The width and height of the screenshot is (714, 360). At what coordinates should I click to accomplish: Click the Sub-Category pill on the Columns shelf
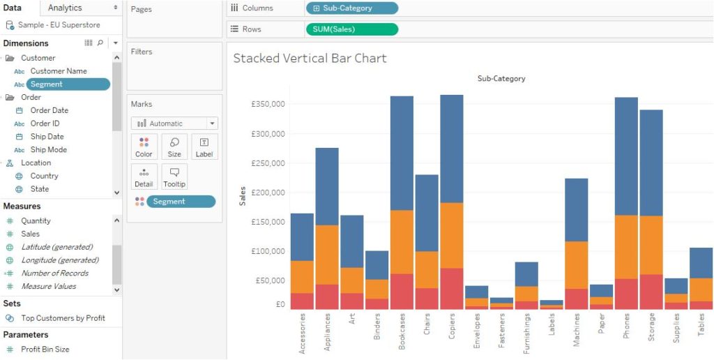pos(351,8)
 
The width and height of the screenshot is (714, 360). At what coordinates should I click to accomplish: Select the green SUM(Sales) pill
pos(351,29)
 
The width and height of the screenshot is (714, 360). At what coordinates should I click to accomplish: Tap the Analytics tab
pos(65,8)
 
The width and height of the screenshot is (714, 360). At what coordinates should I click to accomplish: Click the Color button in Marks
pos(144,147)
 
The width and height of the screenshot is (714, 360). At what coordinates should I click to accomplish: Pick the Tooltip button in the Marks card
pos(174,177)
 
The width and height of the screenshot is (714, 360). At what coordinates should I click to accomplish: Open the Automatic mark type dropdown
pos(174,123)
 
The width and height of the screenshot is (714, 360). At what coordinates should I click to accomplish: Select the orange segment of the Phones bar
pos(626,247)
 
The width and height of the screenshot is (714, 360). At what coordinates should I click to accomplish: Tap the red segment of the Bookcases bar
pos(402,292)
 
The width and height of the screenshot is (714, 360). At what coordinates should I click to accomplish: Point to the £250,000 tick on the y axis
pos(268,163)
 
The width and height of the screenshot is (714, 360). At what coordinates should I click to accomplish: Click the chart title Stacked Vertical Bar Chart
pos(310,58)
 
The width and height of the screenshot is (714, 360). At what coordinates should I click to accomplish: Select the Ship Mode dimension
pos(48,150)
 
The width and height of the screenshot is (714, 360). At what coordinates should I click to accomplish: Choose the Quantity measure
pos(36,221)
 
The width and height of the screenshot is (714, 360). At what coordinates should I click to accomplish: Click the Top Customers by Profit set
pos(63,318)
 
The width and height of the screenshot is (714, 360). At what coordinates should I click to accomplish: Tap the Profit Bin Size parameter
pos(45,350)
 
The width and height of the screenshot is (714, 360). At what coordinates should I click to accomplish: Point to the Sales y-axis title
pos(243,196)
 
